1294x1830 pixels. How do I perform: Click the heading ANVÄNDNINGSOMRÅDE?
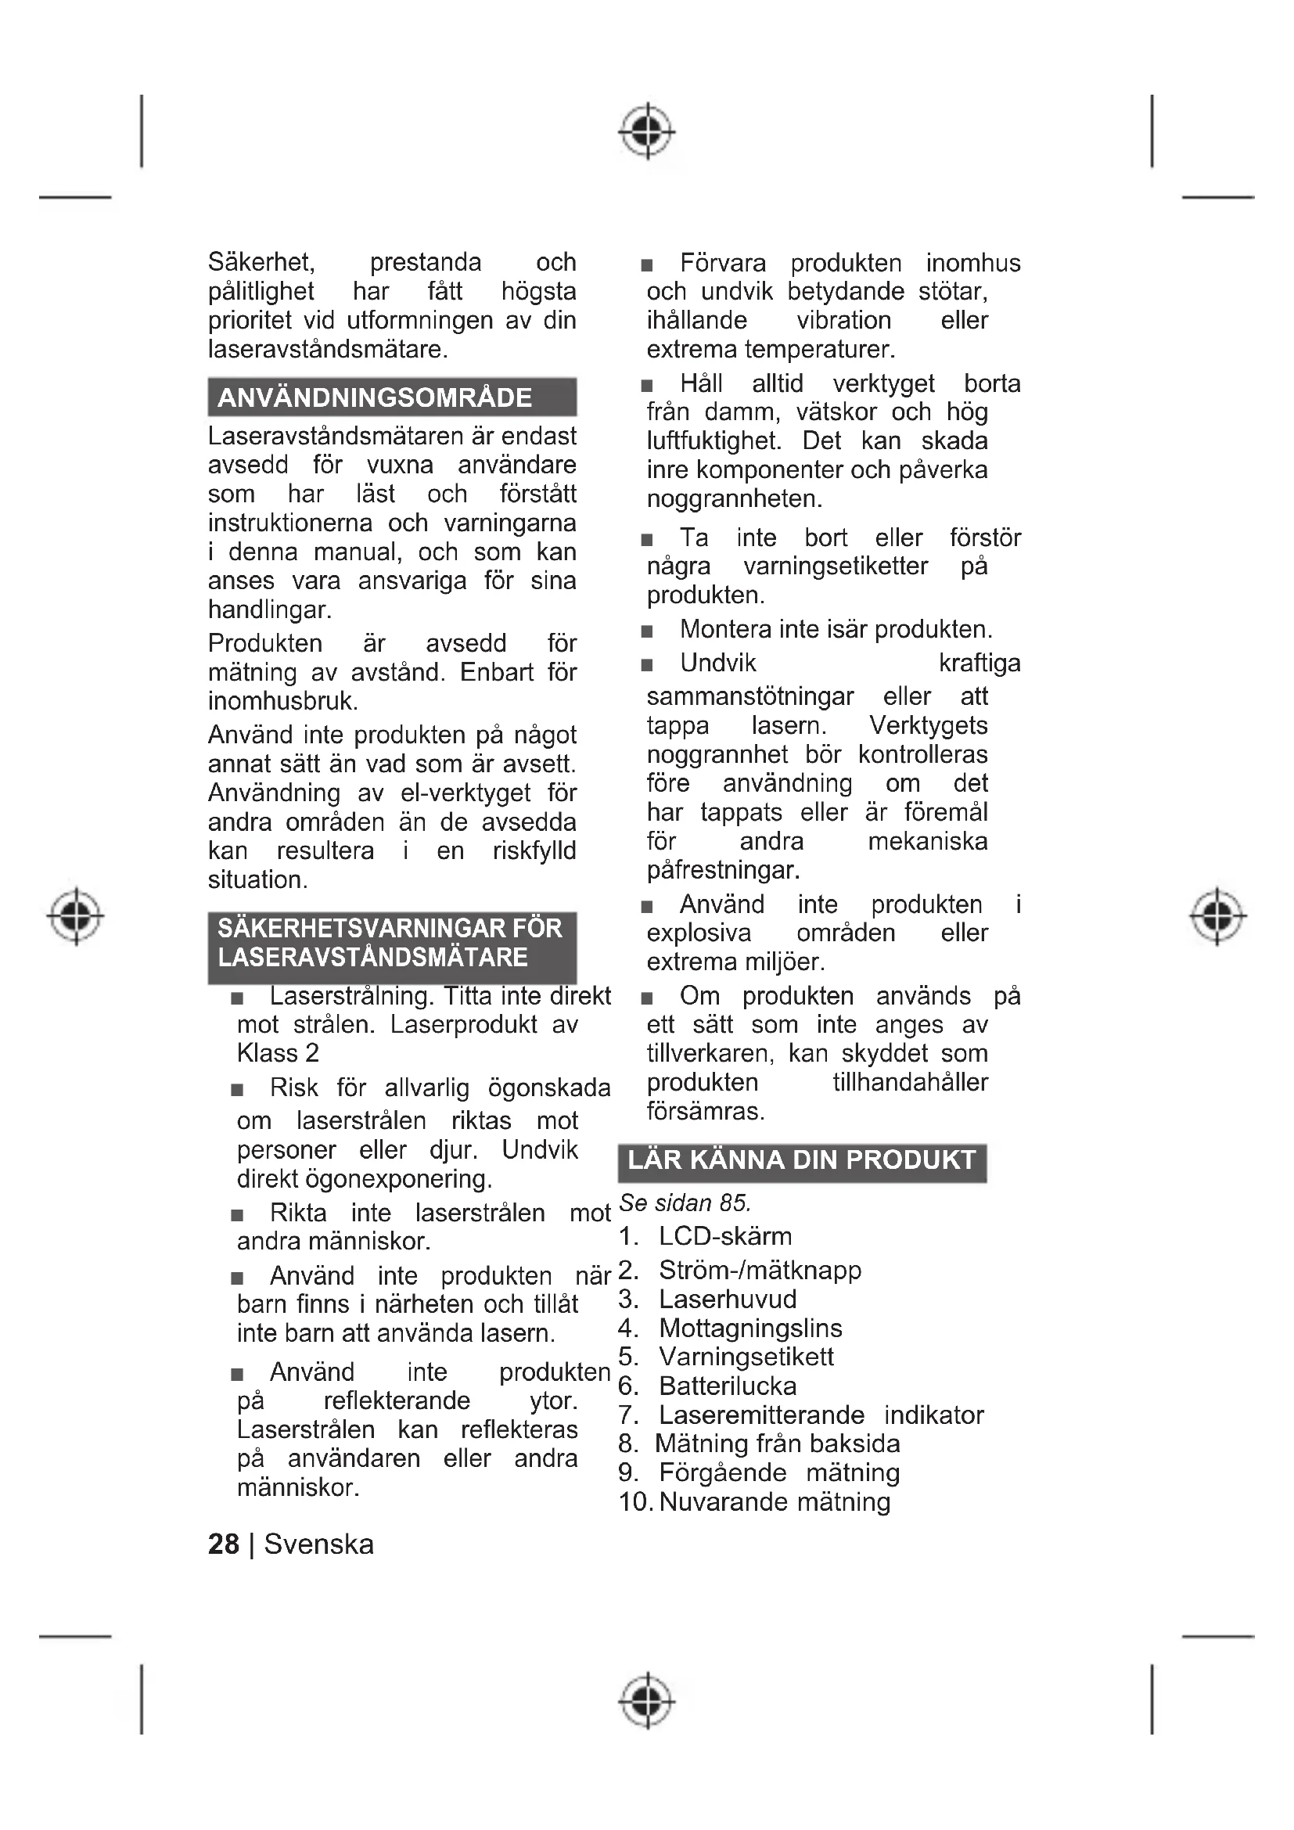coord(375,397)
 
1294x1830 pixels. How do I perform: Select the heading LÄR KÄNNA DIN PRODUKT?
coord(802,1159)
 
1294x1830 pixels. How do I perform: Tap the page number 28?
coord(223,1544)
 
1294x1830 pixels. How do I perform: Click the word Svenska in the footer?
coord(318,1544)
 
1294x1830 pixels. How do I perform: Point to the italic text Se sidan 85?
coord(685,1203)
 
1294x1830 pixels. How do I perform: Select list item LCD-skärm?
coord(725,1236)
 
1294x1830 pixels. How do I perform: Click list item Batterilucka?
coord(728,1386)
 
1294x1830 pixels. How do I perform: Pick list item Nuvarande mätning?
coord(775,1501)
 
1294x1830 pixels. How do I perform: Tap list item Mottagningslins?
coord(750,1328)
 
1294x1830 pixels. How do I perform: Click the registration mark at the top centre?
coord(647,130)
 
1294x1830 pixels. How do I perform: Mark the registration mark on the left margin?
coord(76,916)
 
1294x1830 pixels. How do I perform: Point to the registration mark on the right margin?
coord(1217,916)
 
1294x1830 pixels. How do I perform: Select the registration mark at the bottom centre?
coord(647,1700)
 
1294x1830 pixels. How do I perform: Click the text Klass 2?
coord(278,1054)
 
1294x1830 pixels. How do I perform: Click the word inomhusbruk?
coord(283,701)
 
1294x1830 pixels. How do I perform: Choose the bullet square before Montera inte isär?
coord(647,632)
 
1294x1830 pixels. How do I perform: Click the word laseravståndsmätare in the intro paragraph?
coord(328,349)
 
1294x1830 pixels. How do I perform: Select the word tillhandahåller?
coord(910,1082)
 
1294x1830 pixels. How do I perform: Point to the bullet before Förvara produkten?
coord(647,265)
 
